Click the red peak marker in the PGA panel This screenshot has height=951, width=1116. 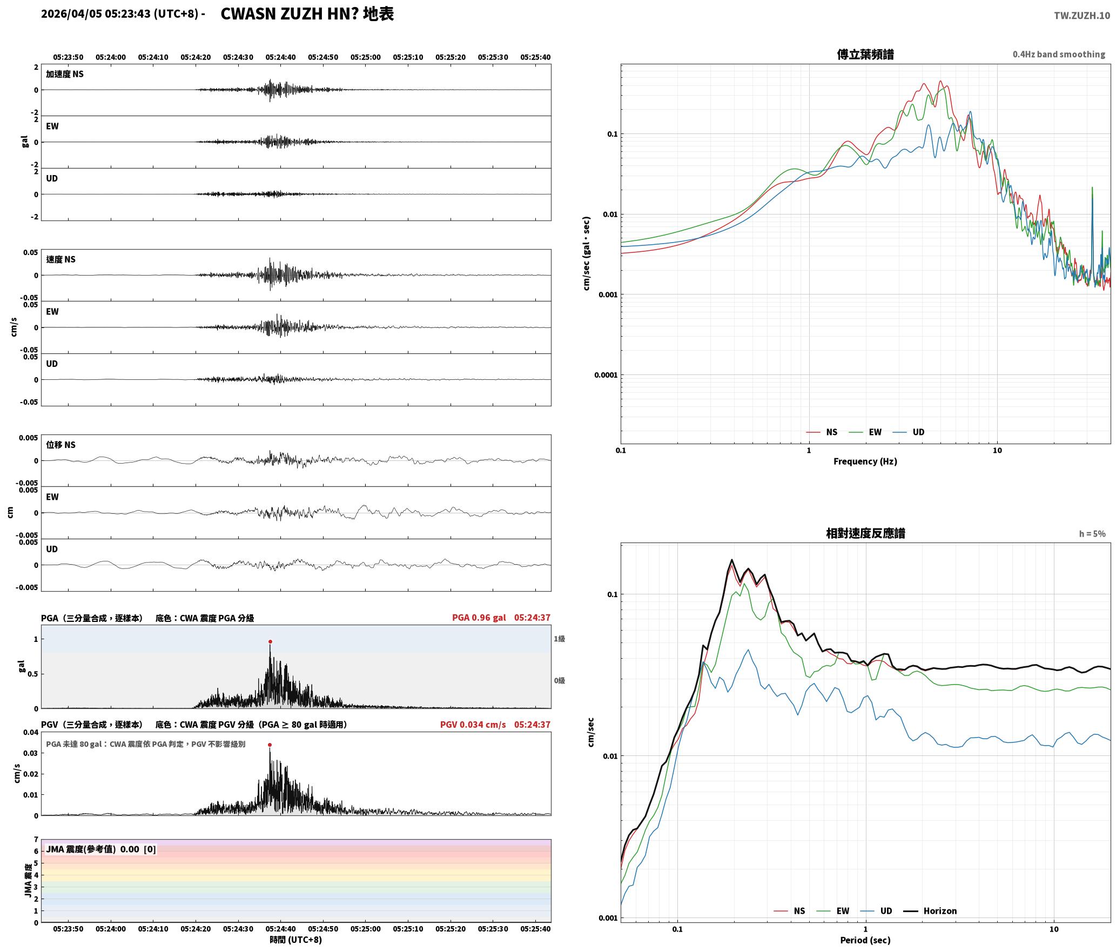pyautogui.click(x=270, y=642)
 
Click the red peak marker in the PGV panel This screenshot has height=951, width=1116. pyautogui.click(x=270, y=745)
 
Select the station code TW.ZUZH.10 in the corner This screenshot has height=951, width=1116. pyautogui.click(x=1082, y=16)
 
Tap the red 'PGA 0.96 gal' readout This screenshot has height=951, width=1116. pyautogui.click(x=479, y=618)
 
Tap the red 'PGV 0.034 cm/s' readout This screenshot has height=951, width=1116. pyautogui.click(x=473, y=725)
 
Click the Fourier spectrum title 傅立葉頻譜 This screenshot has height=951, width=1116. pyautogui.click(x=865, y=55)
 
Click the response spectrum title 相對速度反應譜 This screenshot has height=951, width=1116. pyautogui.click(x=865, y=533)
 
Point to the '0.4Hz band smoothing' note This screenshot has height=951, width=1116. pyautogui.click(x=1059, y=55)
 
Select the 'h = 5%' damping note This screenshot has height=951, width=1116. pyautogui.click(x=1092, y=534)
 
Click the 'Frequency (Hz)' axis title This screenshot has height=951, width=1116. pyautogui.click(x=865, y=461)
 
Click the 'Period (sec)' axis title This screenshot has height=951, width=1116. pyautogui.click(x=865, y=940)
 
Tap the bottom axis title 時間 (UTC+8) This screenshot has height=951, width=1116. pyautogui.click(x=296, y=940)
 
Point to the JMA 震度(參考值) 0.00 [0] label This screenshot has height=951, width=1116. pyautogui.click(x=101, y=849)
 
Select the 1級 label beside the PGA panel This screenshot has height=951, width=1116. pyautogui.click(x=559, y=639)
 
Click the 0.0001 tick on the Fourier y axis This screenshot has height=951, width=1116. pyautogui.click(x=605, y=375)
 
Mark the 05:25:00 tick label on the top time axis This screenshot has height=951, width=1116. pyautogui.click(x=365, y=57)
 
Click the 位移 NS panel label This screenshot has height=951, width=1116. pyautogui.click(x=60, y=445)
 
